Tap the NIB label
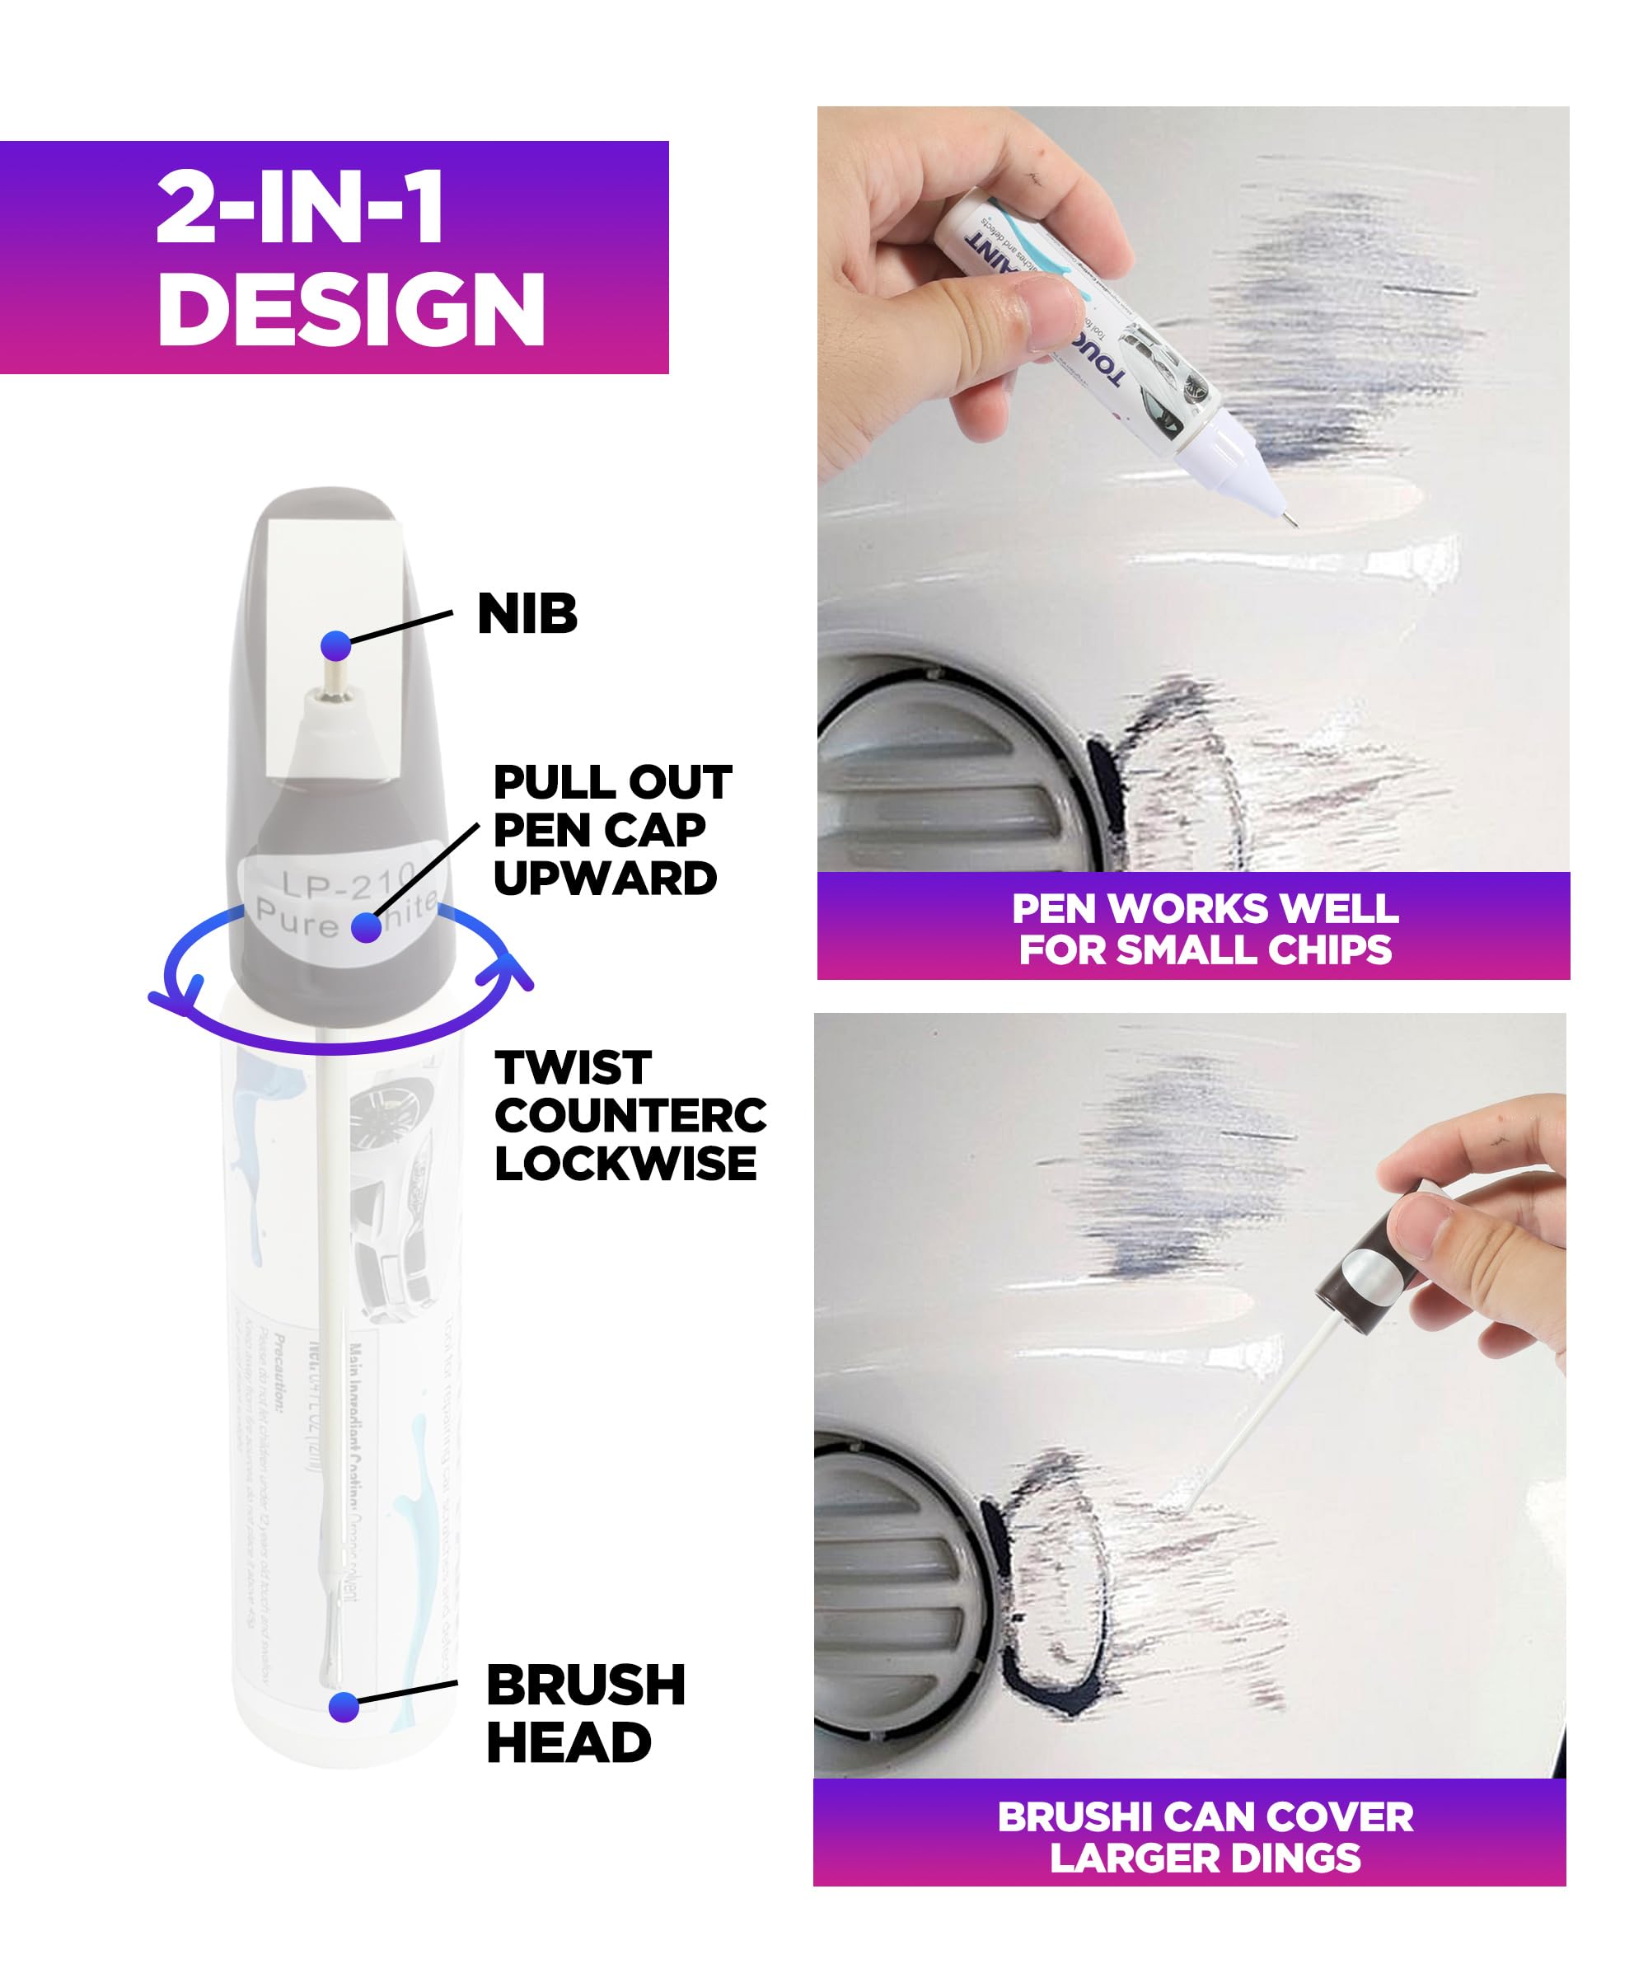pos(527,614)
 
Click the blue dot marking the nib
pos(336,645)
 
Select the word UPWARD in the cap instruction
pos(605,879)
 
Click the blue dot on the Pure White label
pos(367,927)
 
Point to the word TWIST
pos(573,1068)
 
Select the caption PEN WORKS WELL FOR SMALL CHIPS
pos(1204,929)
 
